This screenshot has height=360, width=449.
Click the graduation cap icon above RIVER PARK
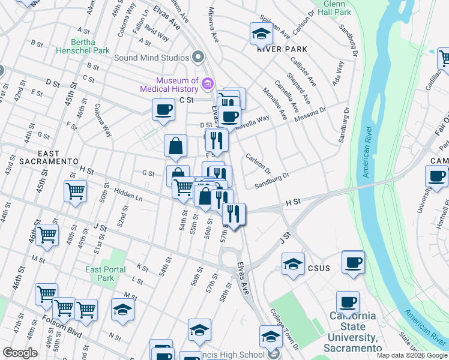pyautogui.click(x=261, y=34)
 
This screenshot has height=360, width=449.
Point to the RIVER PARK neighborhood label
pyautogui.click(x=282, y=49)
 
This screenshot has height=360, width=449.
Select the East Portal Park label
pyautogui.click(x=106, y=274)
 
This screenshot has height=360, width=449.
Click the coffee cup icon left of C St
pyautogui.click(x=163, y=109)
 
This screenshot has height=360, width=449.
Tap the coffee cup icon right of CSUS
pyautogui.click(x=354, y=262)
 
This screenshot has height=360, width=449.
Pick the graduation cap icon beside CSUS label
pyautogui.click(x=292, y=264)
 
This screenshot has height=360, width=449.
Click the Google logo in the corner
pyautogui.click(x=20, y=353)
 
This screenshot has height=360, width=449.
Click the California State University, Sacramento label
pyautogui.click(x=355, y=332)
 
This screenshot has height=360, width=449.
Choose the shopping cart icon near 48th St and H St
pyautogui.click(x=75, y=191)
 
